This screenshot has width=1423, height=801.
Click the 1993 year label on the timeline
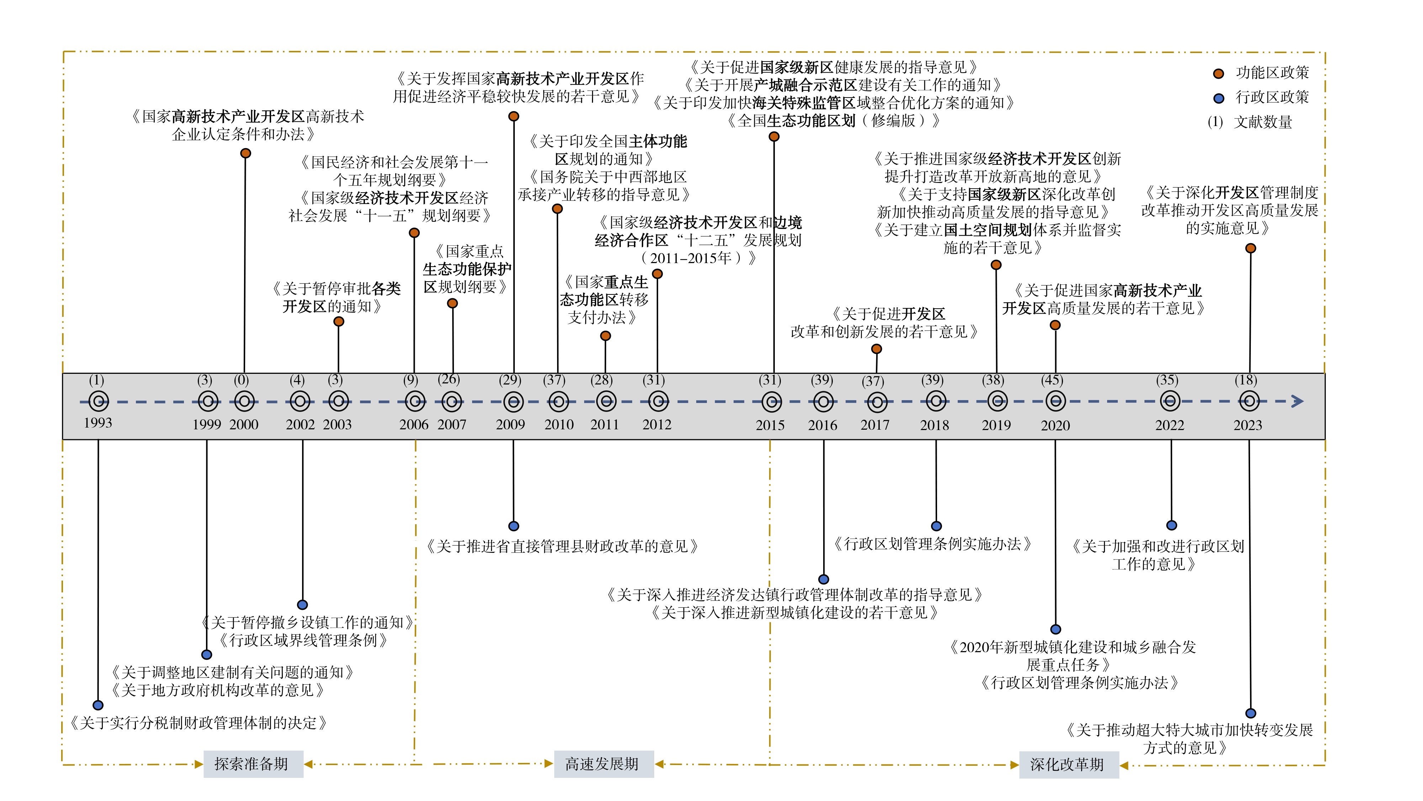click(x=98, y=423)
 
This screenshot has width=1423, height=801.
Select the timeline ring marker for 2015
click(x=771, y=402)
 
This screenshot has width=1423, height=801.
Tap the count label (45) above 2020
click(x=1052, y=380)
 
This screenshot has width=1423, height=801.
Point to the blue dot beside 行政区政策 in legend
click(x=1218, y=98)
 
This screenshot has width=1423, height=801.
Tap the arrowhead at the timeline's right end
click(x=1298, y=401)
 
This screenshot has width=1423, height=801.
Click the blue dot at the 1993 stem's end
click(x=98, y=705)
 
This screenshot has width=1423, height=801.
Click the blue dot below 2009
click(x=514, y=526)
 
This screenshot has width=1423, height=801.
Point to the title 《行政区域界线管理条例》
click(x=303, y=640)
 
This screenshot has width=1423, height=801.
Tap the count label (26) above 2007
click(x=449, y=379)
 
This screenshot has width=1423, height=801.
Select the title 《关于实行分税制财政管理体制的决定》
click(x=198, y=723)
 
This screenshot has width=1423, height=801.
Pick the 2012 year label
click(x=656, y=425)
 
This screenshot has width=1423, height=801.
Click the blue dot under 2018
click(x=936, y=526)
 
